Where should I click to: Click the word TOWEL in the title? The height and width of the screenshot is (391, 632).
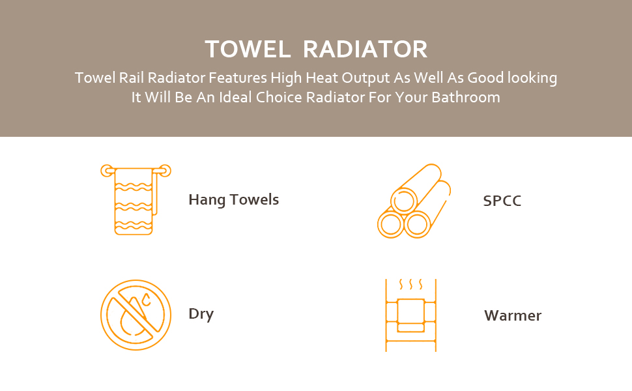pyautogui.click(x=248, y=49)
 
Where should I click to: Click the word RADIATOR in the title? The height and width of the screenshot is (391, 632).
pyautogui.click(x=365, y=49)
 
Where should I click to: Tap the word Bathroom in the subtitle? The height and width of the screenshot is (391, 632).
pyautogui.click(x=466, y=98)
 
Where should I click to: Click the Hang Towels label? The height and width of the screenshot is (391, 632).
pyautogui.click(x=234, y=200)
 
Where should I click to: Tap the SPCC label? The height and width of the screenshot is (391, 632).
pyautogui.click(x=502, y=201)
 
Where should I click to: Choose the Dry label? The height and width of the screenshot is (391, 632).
pyautogui.click(x=201, y=314)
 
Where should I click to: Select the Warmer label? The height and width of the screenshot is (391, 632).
pyautogui.click(x=513, y=315)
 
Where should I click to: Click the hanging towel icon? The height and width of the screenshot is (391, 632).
pyautogui.click(x=136, y=199)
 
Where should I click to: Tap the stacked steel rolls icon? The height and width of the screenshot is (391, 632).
pyautogui.click(x=414, y=201)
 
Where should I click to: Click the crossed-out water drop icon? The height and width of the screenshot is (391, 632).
pyautogui.click(x=136, y=315)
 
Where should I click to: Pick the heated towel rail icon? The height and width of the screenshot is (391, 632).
pyautogui.click(x=410, y=315)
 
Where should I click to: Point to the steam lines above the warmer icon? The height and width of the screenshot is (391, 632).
pyautogui.click(x=410, y=285)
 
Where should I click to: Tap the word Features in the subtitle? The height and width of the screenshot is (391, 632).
pyautogui.click(x=238, y=78)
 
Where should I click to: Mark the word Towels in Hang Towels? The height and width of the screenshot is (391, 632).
pyautogui.click(x=254, y=200)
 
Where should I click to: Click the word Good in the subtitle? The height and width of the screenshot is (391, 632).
pyautogui.click(x=485, y=78)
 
